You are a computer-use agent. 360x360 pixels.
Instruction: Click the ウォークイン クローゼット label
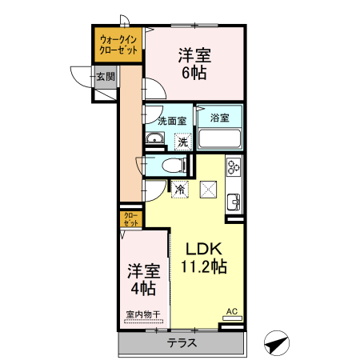click(118, 43)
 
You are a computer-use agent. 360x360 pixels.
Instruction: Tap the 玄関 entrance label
click(105, 77)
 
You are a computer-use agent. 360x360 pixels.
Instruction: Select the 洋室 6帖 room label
click(193, 64)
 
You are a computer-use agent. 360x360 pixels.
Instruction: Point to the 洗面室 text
click(171, 121)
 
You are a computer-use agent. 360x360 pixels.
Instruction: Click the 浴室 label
click(220, 118)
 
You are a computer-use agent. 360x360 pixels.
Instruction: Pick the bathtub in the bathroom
click(219, 139)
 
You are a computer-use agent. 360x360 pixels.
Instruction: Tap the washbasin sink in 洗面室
click(155, 142)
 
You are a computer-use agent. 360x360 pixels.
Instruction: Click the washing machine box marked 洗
click(183, 142)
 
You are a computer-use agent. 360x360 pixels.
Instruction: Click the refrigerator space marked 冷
click(180, 190)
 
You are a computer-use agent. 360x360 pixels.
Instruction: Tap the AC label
click(231, 310)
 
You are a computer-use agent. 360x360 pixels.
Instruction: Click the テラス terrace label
click(182, 343)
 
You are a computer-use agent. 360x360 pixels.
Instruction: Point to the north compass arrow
click(276, 342)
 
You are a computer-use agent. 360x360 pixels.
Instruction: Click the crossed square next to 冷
click(208, 190)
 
